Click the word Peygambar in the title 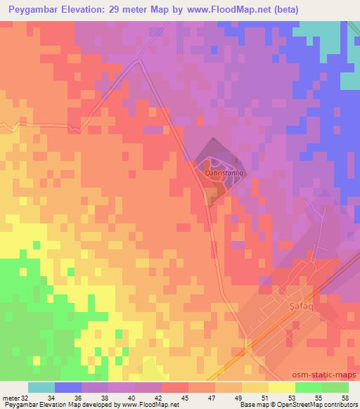click(34, 9)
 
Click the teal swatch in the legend click(41, 387)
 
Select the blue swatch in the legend click(67, 387)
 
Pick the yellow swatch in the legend click(281, 387)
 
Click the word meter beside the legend click(10, 398)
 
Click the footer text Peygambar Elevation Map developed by click(42, 405)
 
